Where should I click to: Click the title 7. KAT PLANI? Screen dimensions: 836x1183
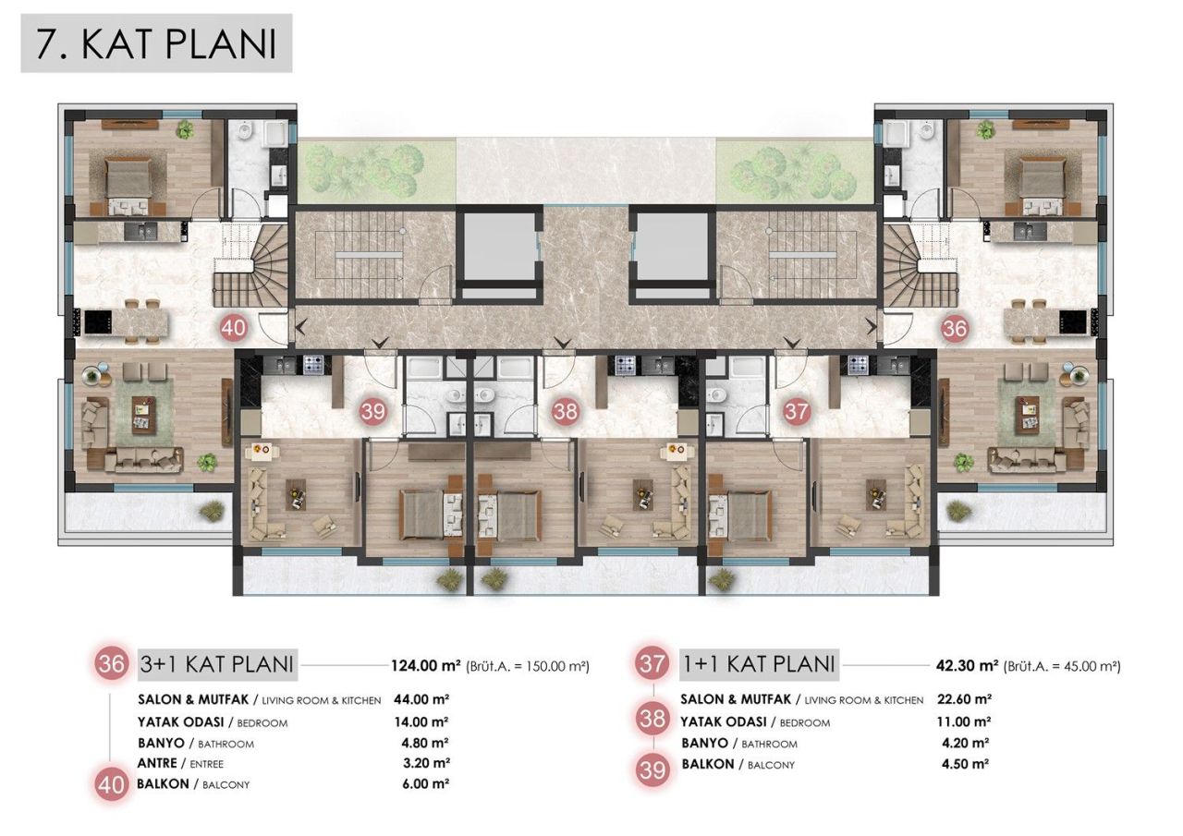click(x=156, y=43)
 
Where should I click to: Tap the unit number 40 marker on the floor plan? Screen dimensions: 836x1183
click(x=234, y=327)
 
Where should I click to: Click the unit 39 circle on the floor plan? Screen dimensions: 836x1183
click(x=373, y=412)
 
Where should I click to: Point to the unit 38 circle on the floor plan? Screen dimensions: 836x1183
click(x=565, y=412)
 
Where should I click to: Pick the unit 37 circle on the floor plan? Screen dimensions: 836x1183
click(x=795, y=412)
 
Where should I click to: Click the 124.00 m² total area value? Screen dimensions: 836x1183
click(x=426, y=664)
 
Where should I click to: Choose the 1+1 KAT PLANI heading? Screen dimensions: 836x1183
click(x=759, y=663)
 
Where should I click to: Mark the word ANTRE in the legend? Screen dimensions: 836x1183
click(x=158, y=763)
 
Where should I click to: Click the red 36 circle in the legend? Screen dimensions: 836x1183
click(x=112, y=664)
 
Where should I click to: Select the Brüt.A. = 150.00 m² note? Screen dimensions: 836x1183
click(x=528, y=665)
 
